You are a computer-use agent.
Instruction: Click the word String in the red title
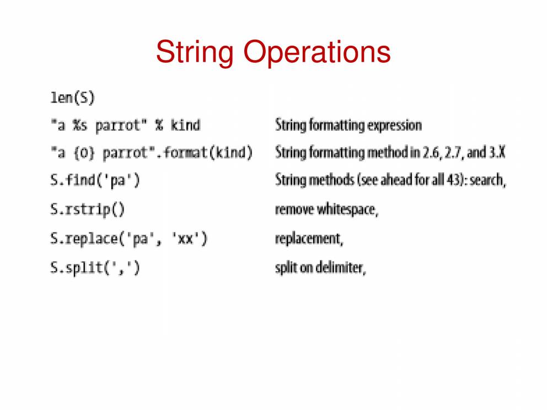tap(195, 52)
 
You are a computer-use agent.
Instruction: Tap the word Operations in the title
tap(317, 52)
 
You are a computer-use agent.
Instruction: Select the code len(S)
tap(73, 98)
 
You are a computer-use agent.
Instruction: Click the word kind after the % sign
tap(185, 125)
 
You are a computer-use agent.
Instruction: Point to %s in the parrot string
tap(80, 125)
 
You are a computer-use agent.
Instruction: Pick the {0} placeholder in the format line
tap(84, 153)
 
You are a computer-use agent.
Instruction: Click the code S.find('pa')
tap(95, 180)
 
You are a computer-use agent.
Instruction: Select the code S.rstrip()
tap(87, 209)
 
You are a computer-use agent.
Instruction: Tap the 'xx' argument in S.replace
tap(185, 239)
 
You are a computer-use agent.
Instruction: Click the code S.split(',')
tap(95, 268)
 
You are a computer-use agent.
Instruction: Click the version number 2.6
tap(432, 153)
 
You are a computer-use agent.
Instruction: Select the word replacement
tap(309, 239)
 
